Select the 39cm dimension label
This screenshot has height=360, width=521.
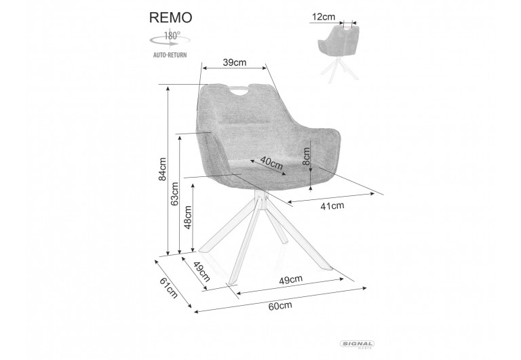(234, 62)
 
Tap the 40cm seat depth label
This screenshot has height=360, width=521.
(271, 165)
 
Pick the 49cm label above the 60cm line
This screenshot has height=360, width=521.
(290, 280)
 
